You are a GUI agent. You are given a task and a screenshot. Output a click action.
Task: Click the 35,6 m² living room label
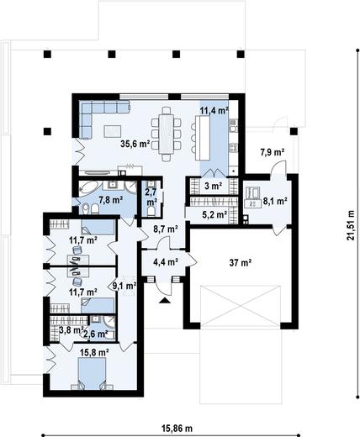pyautogui.click(x=135, y=144)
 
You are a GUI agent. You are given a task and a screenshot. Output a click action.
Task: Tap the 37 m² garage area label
pyautogui.click(x=241, y=263)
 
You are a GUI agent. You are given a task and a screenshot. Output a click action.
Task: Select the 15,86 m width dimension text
pyautogui.click(x=177, y=429)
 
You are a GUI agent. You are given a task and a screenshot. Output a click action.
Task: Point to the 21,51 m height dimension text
pyautogui.click(x=351, y=225)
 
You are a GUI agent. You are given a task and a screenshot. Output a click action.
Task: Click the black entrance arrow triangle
pyautogui.click(x=165, y=301)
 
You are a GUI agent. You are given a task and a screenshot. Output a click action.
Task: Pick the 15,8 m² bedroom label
pyautogui.click(x=94, y=352)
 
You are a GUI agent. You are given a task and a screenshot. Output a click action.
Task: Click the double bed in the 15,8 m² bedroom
pyautogui.click(x=92, y=374)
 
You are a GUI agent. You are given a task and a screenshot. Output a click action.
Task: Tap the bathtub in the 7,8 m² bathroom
pyautogui.click(x=89, y=188)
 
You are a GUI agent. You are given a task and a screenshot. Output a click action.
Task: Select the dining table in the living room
pyautogui.click(x=167, y=134)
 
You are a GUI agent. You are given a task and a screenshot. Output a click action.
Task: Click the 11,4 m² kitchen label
pyautogui.click(x=214, y=111)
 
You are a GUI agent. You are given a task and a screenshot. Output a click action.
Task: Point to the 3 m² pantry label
pyautogui.click(x=214, y=186)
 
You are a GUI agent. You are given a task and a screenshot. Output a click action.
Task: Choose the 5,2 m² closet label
pyautogui.click(x=214, y=215)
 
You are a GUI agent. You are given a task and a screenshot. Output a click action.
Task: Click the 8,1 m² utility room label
pyautogui.click(x=275, y=201)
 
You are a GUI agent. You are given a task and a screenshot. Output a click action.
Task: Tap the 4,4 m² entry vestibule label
pyautogui.click(x=166, y=262)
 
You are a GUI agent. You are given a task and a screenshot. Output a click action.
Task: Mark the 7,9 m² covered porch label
pyautogui.click(x=273, y=152)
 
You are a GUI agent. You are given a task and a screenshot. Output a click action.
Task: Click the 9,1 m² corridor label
pyautogui.click(x=124, y=286)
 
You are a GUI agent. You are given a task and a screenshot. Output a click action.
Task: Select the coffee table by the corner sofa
pyautogui.click(x=113, y=131)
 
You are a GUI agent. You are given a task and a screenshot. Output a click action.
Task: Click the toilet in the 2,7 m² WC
pyautogui.click(x=151, y=212)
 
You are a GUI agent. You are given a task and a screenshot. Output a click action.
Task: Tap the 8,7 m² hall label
pyautogui.click(x=166, y=229)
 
